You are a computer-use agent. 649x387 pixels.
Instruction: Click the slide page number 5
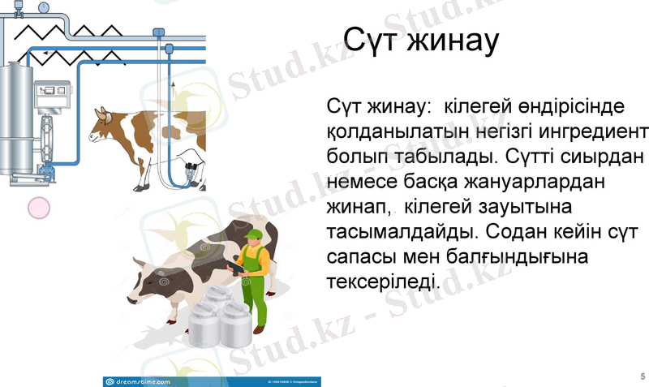(643, 376)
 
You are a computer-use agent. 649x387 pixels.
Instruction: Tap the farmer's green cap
(253, 235)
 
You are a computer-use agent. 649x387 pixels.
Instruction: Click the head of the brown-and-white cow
(103, 123)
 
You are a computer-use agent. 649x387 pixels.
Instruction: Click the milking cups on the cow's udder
(193, 171)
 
